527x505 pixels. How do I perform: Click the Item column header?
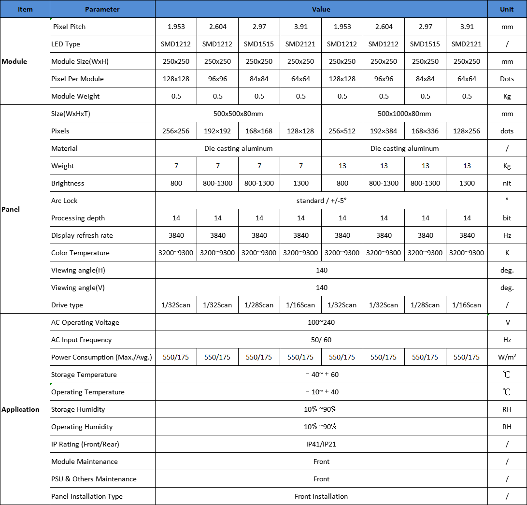[25, 9]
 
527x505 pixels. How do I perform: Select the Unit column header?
[507, 9]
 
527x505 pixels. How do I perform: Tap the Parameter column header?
[102, 9]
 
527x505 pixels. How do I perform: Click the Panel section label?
[11, 209]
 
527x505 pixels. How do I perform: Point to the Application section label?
[20, 409]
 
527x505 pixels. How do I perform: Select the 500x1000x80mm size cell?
[404, 114]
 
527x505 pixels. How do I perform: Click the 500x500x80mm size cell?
[238, 114]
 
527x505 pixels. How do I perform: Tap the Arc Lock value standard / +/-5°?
[321, 201]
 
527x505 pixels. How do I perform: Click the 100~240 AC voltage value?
[321, 322]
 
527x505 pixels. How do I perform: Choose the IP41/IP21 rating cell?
[321, 444]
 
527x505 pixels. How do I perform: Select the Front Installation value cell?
[321, 496]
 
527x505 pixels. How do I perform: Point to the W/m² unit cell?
[507, 357]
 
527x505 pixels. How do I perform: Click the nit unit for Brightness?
[507, 183]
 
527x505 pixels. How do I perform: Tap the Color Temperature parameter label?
[80, 253]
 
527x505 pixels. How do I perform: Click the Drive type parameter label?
[67, 305]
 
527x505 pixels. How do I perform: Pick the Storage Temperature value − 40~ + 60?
[321, 375]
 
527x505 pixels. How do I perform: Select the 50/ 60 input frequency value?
[321, 340]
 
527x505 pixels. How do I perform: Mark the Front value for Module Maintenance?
[321, 462]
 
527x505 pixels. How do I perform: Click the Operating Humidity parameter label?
[82, 427]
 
